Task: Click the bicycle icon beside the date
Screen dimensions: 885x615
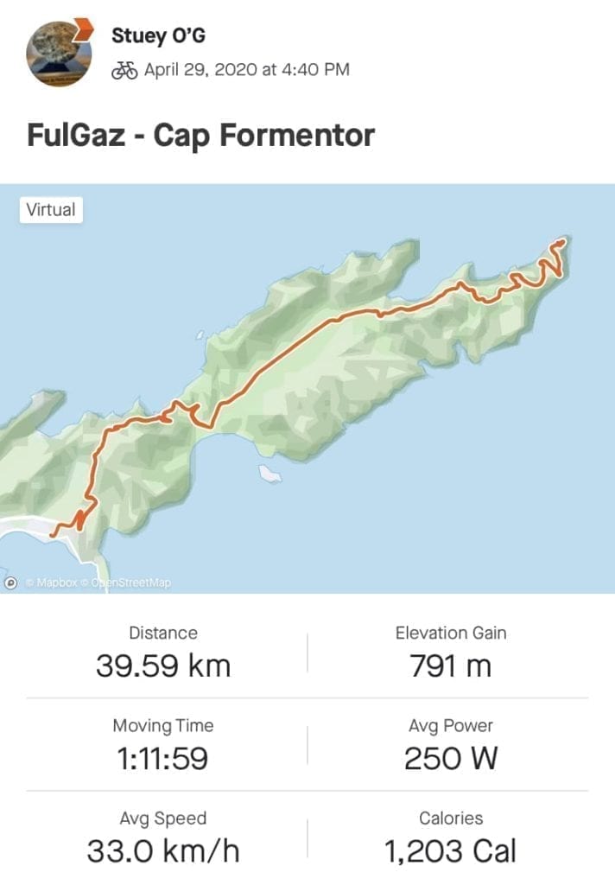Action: pos(124,71)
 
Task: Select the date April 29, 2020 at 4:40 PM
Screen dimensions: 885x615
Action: pos(246,70)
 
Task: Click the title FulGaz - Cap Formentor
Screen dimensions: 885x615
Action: pos(201,136)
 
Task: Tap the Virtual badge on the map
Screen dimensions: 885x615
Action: pos(51,210)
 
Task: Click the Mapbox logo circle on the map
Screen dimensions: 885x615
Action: pos(11,583)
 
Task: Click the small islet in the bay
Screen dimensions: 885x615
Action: pos(270,473)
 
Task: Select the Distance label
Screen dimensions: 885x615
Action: pos(163,634)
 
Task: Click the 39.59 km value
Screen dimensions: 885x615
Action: pos(163,666)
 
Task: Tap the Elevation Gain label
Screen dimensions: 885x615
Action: pos(451,634)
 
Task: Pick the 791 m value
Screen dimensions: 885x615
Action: pos(450,666)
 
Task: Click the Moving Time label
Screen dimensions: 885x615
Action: pos(163,726)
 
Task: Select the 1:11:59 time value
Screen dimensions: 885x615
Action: pos(163,759)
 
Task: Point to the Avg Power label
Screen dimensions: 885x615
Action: pos(451,726)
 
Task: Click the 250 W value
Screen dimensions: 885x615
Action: pos(450,759)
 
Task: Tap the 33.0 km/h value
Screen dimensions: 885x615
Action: pos(163,851)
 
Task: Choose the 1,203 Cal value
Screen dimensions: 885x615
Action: pos(450,851)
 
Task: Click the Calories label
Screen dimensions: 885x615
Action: pos(451,818)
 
